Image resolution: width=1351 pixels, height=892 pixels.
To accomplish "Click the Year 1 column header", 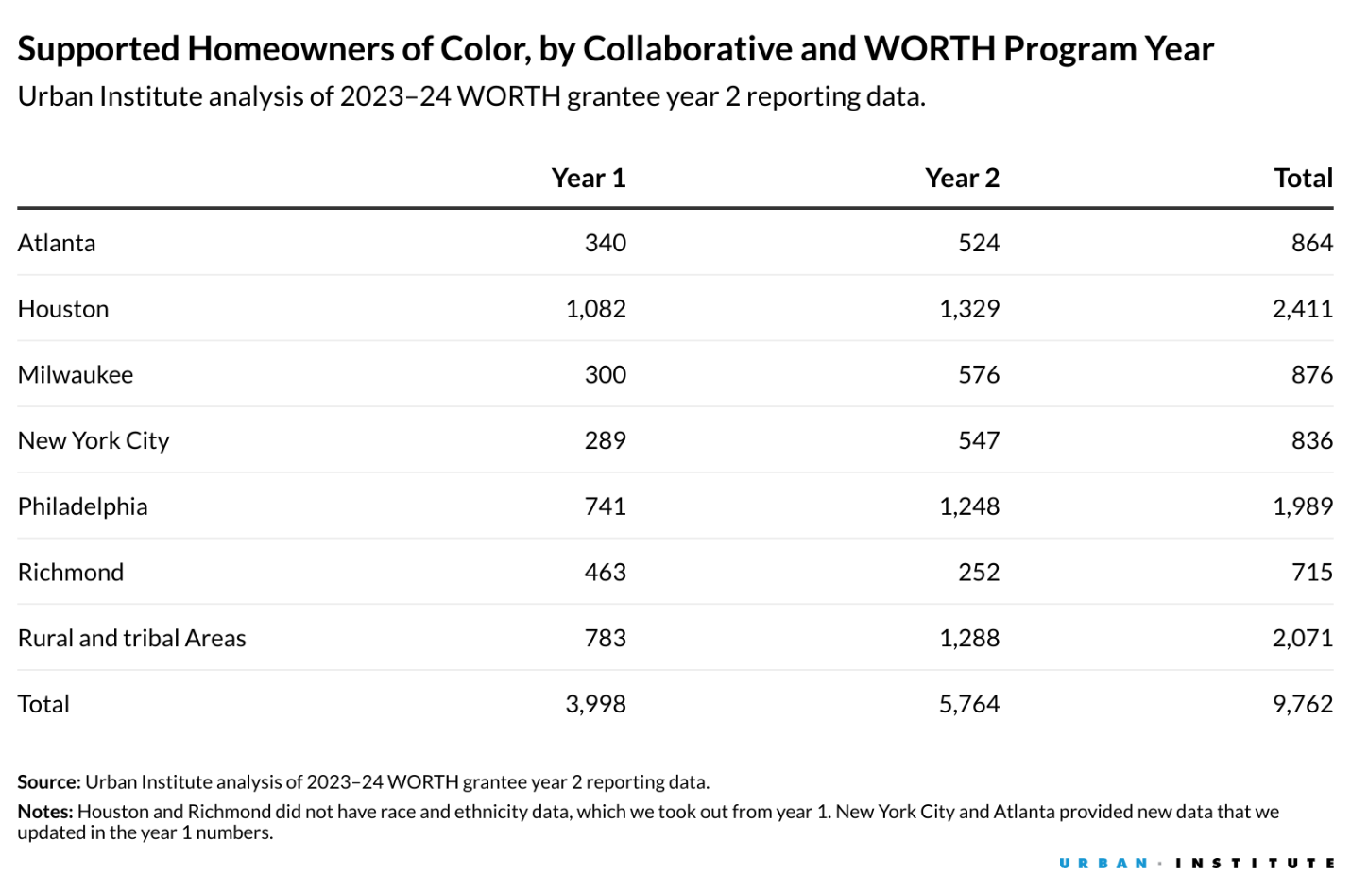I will click(588, 178).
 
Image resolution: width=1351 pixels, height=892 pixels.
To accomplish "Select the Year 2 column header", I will click(962, 178).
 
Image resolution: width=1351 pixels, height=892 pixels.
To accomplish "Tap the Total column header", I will click(1303, 178).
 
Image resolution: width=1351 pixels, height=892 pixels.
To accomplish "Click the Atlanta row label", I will click(57, 243).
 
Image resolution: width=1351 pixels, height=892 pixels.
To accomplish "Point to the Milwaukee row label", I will click(76, 374).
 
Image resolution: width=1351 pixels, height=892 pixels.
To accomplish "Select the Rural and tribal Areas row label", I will click(131, 638).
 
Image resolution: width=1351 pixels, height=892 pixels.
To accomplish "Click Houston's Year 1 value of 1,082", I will click(595, 309).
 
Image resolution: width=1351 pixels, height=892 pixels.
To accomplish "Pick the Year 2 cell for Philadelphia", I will click(968, 506).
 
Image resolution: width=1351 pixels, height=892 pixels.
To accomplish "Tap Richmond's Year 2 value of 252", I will click(979, 572).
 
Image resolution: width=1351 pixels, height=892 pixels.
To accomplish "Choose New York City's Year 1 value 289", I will click(605, 440).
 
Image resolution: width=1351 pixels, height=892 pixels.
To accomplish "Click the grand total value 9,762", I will click(1302, 704).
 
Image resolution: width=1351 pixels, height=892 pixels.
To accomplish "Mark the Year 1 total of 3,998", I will click(595, 704).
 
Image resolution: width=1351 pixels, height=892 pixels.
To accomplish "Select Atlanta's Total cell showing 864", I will click(1311, 243).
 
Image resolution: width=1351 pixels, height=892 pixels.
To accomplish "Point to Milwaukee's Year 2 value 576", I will click(979, 374).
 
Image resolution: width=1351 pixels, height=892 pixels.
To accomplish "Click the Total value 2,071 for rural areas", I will click(1302, 638).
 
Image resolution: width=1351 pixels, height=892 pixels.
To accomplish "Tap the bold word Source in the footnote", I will click(48, 781).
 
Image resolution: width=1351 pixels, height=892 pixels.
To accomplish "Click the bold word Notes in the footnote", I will click(44, 811).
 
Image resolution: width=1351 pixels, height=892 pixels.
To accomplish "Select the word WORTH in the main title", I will click(930, 48).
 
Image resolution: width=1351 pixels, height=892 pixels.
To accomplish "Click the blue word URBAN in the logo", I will click(1103, 863).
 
